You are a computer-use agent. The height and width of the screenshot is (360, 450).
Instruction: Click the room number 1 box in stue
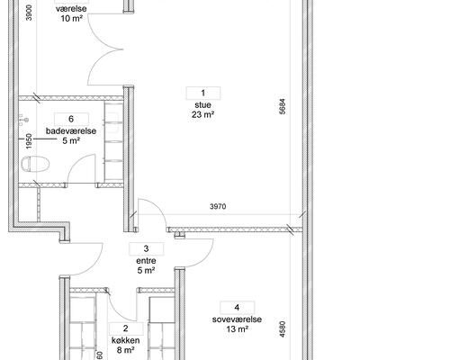click(203, 93)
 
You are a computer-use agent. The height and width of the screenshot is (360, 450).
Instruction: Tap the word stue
click(203, 105)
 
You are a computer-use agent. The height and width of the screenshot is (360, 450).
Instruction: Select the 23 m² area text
click(203, 114)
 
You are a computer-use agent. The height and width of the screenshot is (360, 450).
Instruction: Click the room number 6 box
click(71, 119)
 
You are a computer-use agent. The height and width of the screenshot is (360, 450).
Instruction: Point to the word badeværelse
click(71, 131)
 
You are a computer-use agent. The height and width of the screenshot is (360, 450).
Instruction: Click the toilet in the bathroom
click(35, 164)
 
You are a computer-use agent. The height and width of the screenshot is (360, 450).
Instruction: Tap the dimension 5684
click(283, 106)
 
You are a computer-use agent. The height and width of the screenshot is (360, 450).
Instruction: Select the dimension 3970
click(218, 206)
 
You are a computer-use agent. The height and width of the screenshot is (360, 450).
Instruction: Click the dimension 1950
click(29, 141)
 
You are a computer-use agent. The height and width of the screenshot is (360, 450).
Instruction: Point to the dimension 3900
click(29, 13)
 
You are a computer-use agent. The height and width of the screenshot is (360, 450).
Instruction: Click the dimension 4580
click(283, 329)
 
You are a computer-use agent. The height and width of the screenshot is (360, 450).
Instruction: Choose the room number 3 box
click(147, 248)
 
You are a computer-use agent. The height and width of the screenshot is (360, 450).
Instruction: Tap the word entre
click(146, 261)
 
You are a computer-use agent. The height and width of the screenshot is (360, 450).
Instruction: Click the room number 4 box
click(238, 308)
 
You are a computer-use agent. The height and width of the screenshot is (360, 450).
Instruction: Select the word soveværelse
click(237, 319)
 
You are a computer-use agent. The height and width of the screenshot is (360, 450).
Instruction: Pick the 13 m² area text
click(237, 329)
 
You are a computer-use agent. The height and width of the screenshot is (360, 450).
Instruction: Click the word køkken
click(126, 340)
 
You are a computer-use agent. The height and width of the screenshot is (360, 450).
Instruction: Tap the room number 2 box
click(126, 328)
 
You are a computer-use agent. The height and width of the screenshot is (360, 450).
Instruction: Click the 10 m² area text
click(72, 18)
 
